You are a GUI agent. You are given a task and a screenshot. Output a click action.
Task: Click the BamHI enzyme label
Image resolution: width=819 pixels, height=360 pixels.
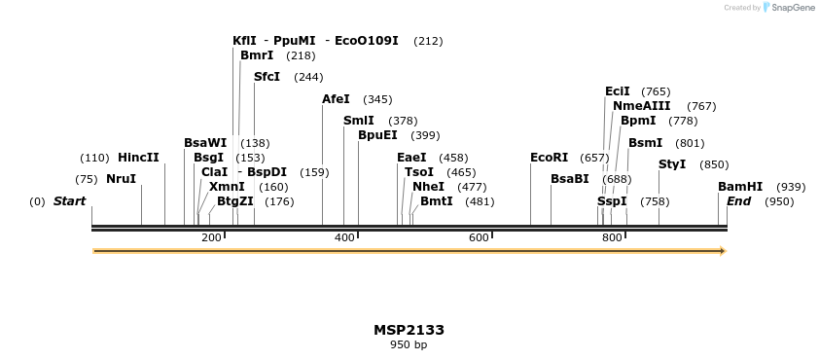pos(740,187)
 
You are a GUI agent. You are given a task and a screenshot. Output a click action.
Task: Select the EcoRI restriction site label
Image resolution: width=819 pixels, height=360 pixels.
pos(549,158)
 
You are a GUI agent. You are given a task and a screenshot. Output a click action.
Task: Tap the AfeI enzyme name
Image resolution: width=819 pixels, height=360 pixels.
pos(336,99)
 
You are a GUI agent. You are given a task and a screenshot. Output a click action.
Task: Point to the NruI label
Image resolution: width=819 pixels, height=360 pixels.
pos(121,179)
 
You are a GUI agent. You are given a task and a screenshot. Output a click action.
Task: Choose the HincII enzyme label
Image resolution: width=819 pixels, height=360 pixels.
pos(138,158)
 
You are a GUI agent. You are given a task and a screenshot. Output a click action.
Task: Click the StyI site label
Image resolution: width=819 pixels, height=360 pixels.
pos(672,164)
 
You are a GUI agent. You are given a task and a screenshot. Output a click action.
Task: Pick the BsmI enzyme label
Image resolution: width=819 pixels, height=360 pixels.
pos(645,143)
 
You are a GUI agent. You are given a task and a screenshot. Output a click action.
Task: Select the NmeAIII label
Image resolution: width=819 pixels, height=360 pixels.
pos(642,106)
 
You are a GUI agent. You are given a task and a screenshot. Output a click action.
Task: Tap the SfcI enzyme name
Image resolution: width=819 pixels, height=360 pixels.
pos(267,77)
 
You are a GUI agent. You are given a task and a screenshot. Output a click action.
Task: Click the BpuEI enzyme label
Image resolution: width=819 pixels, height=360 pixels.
pos(377,135)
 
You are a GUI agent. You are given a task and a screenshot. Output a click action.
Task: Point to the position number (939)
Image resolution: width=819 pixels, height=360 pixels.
pos(791,187)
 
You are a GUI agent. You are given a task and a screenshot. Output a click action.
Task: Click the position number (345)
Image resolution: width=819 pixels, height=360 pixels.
pos(377,99)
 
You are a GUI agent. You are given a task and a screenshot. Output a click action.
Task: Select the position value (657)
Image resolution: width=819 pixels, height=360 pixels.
pos(594,158)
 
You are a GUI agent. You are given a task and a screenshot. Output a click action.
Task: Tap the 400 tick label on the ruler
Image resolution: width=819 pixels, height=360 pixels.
pos(344,238)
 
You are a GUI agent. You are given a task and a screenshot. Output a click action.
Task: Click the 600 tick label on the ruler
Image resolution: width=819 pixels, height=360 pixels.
pos(479,238)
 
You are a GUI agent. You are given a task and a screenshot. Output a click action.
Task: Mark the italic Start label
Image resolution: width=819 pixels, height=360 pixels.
pos(69,201)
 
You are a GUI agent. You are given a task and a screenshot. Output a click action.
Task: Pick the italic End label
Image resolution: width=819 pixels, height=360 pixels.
pos(738,201)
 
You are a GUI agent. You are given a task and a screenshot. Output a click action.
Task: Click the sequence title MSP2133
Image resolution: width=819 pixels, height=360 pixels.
pos(409,330)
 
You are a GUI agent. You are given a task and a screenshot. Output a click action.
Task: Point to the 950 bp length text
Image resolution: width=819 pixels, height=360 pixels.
pos(409,344)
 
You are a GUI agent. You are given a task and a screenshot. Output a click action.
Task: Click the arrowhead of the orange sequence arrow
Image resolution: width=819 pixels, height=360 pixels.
pos(722,251)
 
